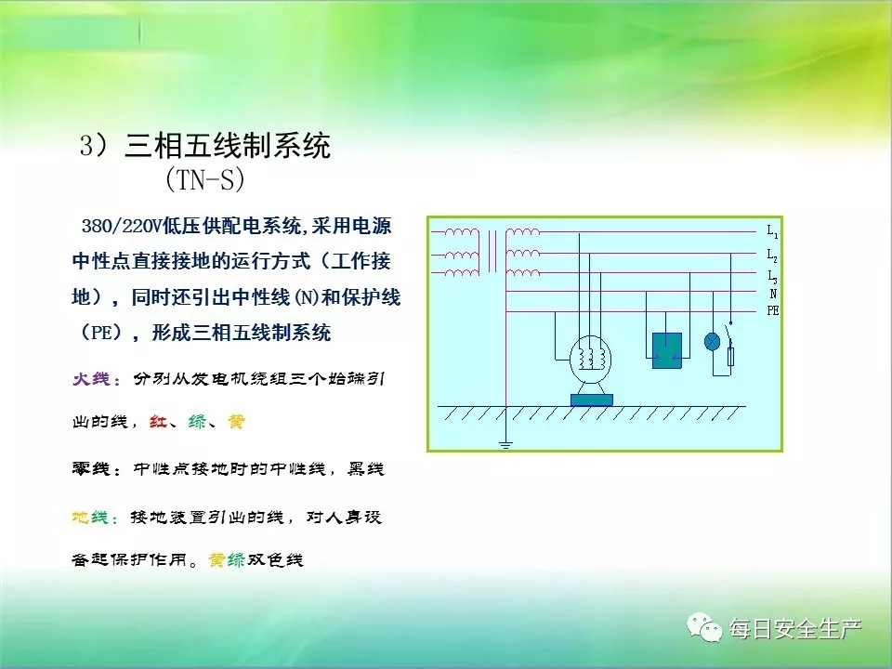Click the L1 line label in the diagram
pos(772,231)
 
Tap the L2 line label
pos(772,255)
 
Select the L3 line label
pos(772,277)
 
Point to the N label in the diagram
pos(772,294)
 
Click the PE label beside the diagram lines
pos(772,310)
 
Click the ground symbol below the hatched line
pos(505,444)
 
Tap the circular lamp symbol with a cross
pos(712,341)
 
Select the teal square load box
pos(667,350)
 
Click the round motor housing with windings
pos(590,360)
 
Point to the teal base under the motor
pos(592,400)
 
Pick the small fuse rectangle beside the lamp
pos(731,357)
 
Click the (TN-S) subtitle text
pos(204,179)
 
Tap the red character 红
pos(158,422)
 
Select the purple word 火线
pos(91,379)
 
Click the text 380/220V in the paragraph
pos(122,227)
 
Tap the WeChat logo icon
pos(703,626)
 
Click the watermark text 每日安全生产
pos(795,629)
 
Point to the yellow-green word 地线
pos(90,518)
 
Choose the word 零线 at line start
pos(91,468)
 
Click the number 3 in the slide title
pos(85,146)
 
